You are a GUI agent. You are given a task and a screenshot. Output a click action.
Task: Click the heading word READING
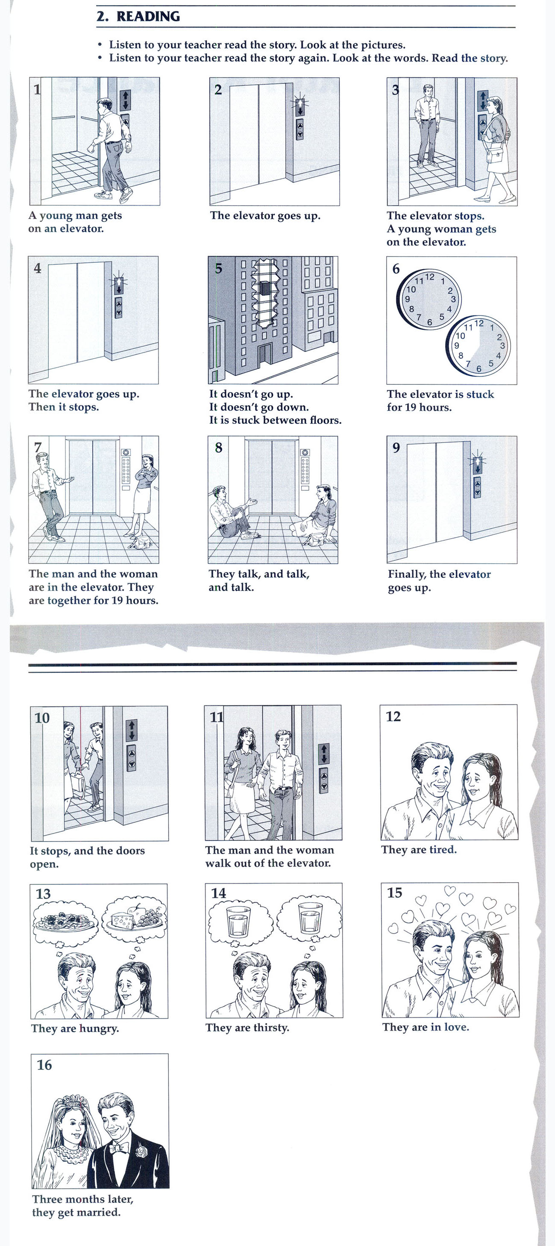148,16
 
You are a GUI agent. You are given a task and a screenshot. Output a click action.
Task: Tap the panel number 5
218,268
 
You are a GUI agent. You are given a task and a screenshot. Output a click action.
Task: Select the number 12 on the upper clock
430,277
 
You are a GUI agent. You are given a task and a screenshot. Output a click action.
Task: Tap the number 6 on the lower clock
479,368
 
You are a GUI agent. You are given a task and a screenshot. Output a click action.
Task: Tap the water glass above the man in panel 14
238,922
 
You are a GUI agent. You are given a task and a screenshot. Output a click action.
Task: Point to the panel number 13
43,894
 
